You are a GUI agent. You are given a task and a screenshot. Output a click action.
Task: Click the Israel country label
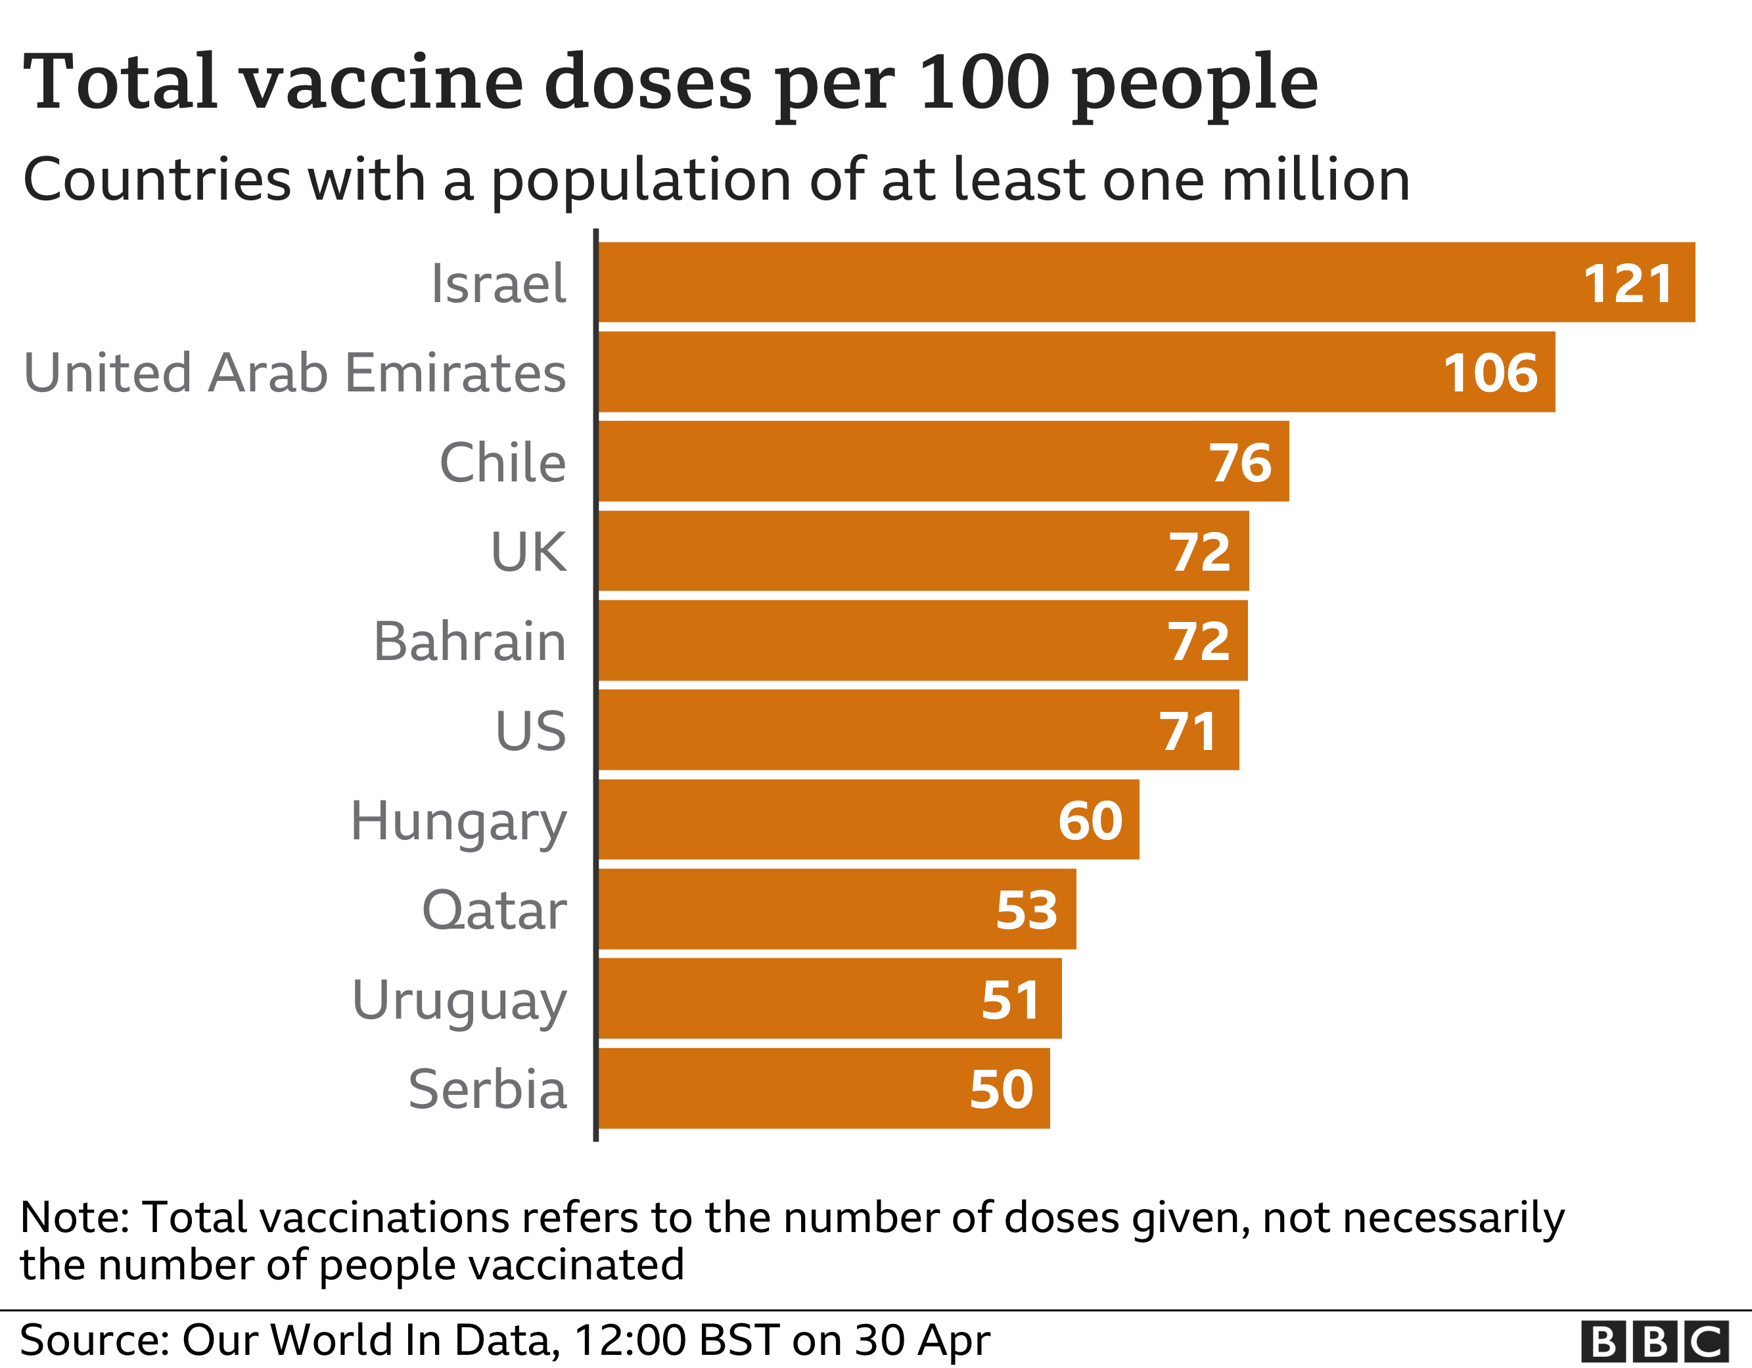coord(498,284)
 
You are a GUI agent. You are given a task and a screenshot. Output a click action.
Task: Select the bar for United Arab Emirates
coord(1075,372)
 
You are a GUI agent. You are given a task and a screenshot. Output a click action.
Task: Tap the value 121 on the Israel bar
coord(1627,284)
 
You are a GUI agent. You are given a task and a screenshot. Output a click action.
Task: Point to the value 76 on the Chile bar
coord(1240,463)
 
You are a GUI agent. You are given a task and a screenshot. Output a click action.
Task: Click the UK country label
coord(528,552)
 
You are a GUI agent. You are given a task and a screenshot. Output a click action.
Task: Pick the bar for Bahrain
coord(923,641)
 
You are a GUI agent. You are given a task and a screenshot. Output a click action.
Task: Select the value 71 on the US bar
coord(1188,732)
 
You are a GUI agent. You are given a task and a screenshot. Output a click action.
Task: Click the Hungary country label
coord(459,821)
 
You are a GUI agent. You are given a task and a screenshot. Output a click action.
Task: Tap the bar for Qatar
coord(837,910)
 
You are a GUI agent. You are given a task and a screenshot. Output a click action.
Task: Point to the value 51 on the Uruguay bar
coord(1011,1000)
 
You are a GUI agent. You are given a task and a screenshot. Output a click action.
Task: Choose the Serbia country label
coord(487,1089)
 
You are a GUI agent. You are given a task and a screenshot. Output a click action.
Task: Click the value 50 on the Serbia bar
coord(1001,1089)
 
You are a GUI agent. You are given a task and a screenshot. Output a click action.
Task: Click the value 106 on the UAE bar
coord(1490,373)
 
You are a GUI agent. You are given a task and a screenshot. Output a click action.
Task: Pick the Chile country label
coord(502,463)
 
